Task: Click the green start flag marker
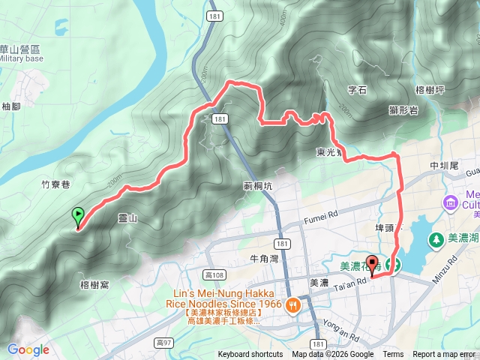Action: tap(78, 217)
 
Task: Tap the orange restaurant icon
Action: tap(292, 304)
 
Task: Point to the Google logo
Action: tap(28, 349)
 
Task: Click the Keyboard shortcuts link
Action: tap(250, 355)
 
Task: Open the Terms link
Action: tap(393, 355)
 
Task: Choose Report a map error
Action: tap(443, 355)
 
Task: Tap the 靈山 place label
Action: tap(128, 218)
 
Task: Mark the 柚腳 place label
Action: tap(11, 106)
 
